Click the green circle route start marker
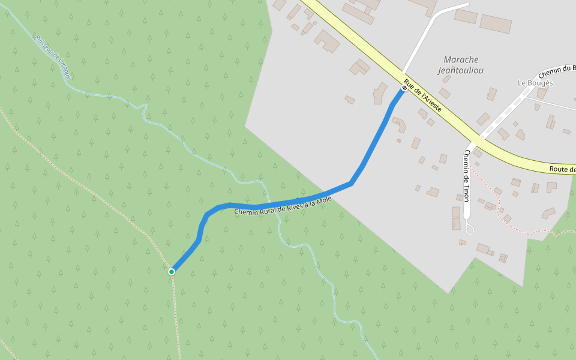click(x=172, y=272)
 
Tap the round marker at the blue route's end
click(x=404, y=88)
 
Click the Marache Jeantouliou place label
click(x=461, y=65)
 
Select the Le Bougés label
click(x=535, y=83)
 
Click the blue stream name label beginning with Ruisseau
click(x=53, y=58)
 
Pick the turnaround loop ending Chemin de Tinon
click(x=470, y=229)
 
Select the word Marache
click(x=461, y=59)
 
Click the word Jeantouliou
click(x=461, y=70)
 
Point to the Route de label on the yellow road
click(x=562, y=170)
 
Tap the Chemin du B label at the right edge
click(x=557, y=72)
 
